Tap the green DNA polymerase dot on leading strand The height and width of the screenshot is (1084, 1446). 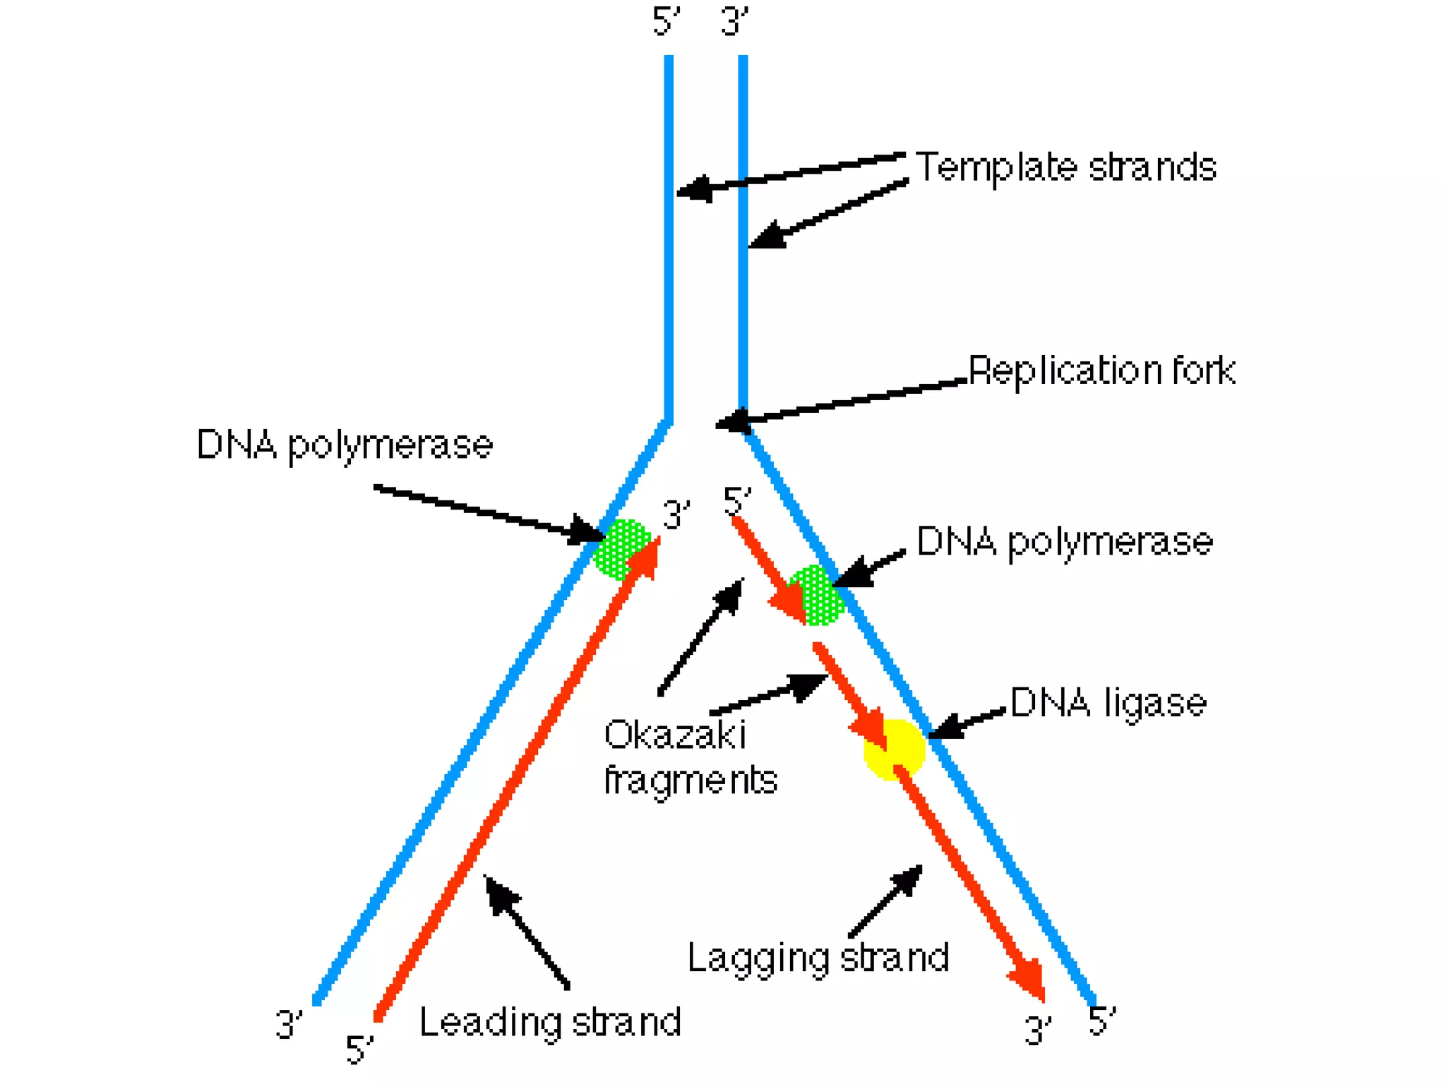pyautogui.click(x=621, y=549)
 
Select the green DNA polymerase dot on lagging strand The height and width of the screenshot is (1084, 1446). pyautogui.click(x=817, y=596)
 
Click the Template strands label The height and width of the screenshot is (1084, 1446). pyautogui.click(x=1065, y=168)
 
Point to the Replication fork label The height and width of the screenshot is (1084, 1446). pyautogui.click(x=1101, y=371)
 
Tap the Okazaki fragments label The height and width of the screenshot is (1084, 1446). pyautogui.click(x=690, y=758)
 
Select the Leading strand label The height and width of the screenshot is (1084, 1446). pyautogui.click(x=550, y=1022)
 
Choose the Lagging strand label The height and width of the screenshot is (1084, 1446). pyautogui.click(x=818, y=958)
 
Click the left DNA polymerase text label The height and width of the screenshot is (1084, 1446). pyautogui.click(x=344, y=445)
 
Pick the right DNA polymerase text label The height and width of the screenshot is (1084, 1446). pyautogui.click(x=1064, y=542)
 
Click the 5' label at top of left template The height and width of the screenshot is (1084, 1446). pyautogui.click(x=666, y=21)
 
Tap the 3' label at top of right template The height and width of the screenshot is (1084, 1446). pyautogui.click(x=734, y=21)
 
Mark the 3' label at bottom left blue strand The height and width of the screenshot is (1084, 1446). pyautogui.click(x=288, y=1025)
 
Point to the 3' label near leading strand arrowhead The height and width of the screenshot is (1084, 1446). pyautogui.click(x=676, y=514)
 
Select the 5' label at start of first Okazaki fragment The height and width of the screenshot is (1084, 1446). pyautogui.click(x=737, y=502)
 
